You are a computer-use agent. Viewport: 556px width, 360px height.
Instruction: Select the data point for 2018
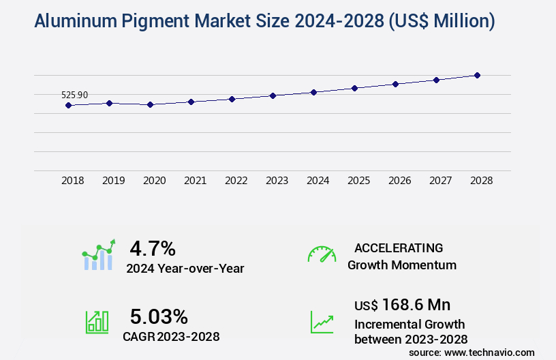pos(68,105)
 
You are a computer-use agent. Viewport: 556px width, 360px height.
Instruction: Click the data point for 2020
pos(151,105)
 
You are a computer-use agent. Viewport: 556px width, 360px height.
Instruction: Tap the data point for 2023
pos(273,95)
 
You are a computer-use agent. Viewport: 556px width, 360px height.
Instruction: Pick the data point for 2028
pos(478,75)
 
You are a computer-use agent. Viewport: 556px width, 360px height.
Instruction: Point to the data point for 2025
pos(354,88)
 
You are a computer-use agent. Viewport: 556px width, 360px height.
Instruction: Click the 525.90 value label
pos(74,95)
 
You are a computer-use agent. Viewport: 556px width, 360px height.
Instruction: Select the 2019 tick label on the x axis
pos(114,181)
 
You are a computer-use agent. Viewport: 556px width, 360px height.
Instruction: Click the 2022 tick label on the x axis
pos(236,181)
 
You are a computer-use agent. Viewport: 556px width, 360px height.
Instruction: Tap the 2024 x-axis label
pos(318,181)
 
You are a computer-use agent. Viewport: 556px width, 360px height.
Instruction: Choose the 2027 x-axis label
pos(441,181)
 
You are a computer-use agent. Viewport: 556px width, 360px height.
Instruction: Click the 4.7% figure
pos(153,247)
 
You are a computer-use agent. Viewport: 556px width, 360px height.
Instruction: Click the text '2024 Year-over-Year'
pos(185,269)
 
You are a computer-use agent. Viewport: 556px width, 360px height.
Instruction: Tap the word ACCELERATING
pos(399,247)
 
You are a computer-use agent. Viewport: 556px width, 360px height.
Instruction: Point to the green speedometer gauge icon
pos(322,254)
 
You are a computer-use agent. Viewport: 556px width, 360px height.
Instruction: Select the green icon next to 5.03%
pos(97,322)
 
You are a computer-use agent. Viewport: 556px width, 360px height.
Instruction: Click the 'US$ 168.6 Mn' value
pos(402,304)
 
